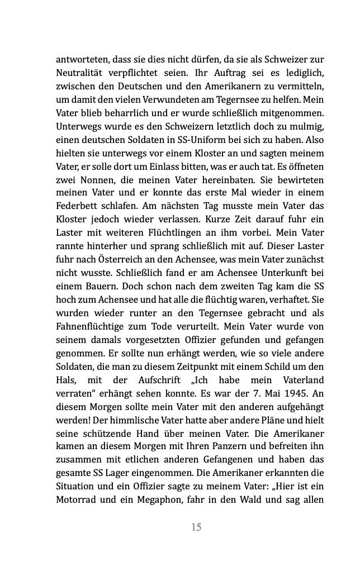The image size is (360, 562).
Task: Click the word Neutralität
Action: pos(82,72)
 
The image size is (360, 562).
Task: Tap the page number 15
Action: pos(196,526)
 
